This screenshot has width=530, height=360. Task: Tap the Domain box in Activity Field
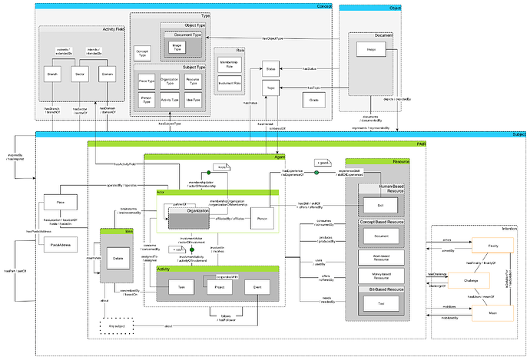point(108,74)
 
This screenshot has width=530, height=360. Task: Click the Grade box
point(313,100)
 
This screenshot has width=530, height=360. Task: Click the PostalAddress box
point(61,245)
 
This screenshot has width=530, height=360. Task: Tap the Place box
point(61,202)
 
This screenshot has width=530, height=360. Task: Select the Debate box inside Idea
point(118,259)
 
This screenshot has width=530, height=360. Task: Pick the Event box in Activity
point(257,288)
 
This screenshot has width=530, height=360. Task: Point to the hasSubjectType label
point(171,123)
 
